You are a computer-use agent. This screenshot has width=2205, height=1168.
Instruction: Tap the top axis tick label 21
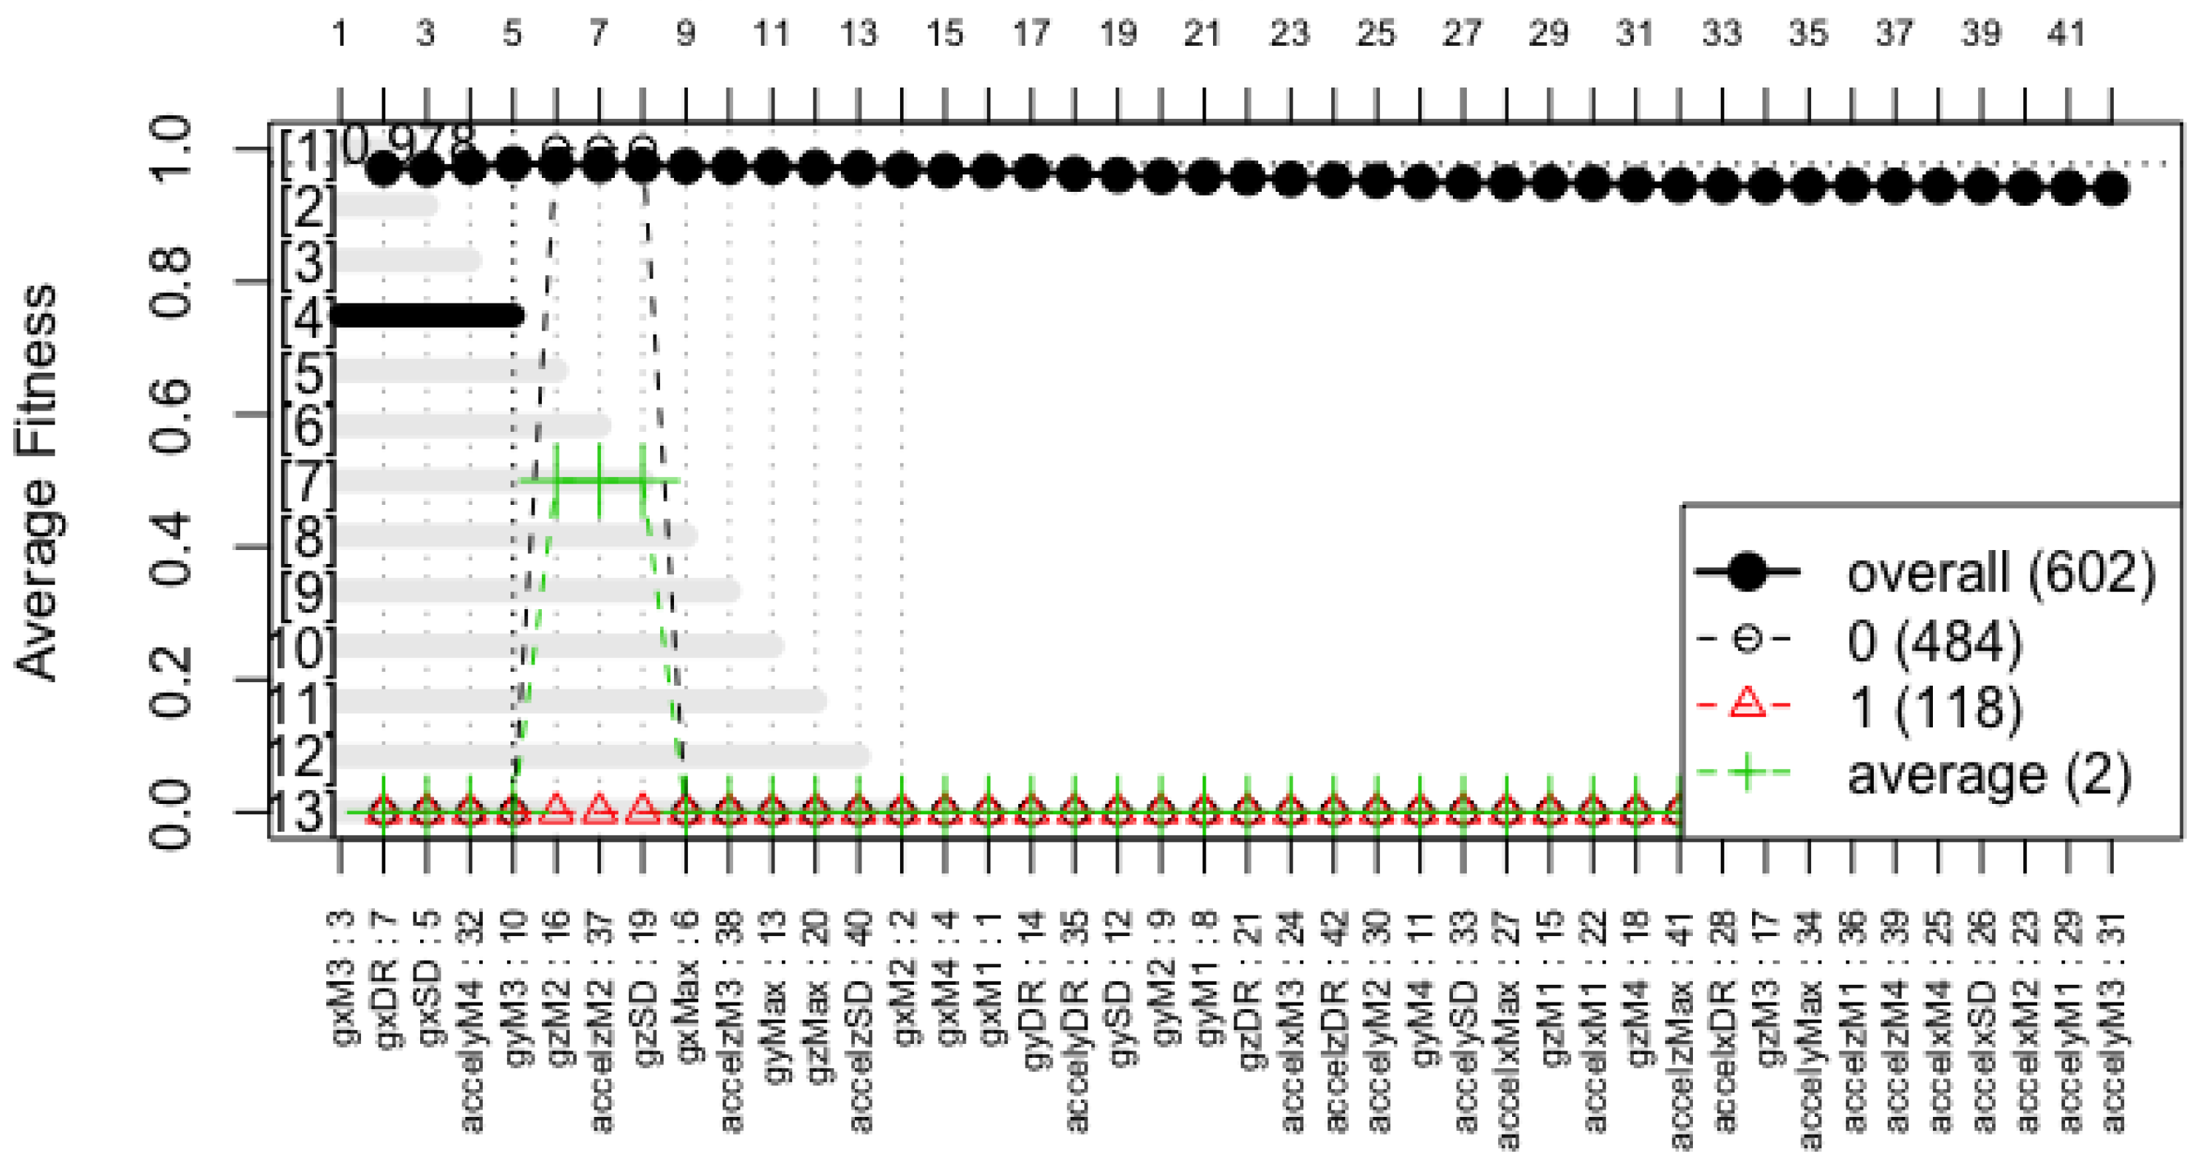point(1203,34)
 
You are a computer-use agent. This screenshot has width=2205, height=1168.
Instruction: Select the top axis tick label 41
point(2066,34)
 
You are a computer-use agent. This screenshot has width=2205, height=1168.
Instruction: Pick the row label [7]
point(306,481)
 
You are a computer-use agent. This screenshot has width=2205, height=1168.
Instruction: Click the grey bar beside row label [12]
point(599,756)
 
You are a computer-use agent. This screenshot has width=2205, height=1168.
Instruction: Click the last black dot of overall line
point(2112,189)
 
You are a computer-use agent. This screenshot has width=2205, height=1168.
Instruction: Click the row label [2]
point(306,206)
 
